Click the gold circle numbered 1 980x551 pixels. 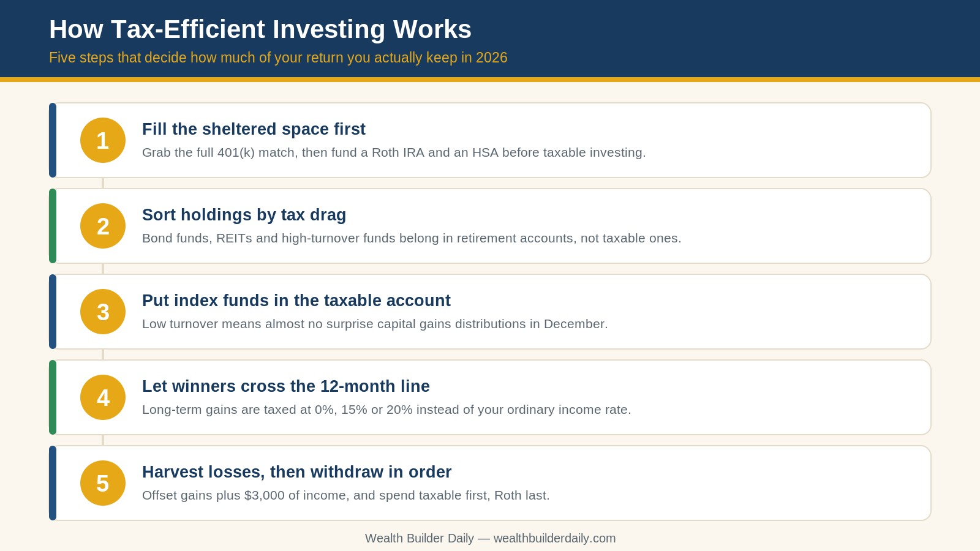103,140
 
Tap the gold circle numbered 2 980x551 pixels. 103,226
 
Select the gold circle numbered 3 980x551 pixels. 103,312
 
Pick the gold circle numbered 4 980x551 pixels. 103,397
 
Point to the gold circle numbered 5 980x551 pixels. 103,483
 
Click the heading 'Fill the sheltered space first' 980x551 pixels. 254,129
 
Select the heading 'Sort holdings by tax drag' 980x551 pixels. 244,215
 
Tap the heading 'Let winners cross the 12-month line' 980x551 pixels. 285,386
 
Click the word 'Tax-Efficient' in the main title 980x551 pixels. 188,29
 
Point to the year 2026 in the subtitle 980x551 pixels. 492,58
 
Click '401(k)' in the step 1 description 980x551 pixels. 236,152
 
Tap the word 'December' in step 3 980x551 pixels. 576,324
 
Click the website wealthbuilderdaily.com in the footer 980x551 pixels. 554,538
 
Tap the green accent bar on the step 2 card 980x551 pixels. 53,226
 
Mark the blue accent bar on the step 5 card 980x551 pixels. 53,483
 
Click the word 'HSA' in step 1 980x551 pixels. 485,152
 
